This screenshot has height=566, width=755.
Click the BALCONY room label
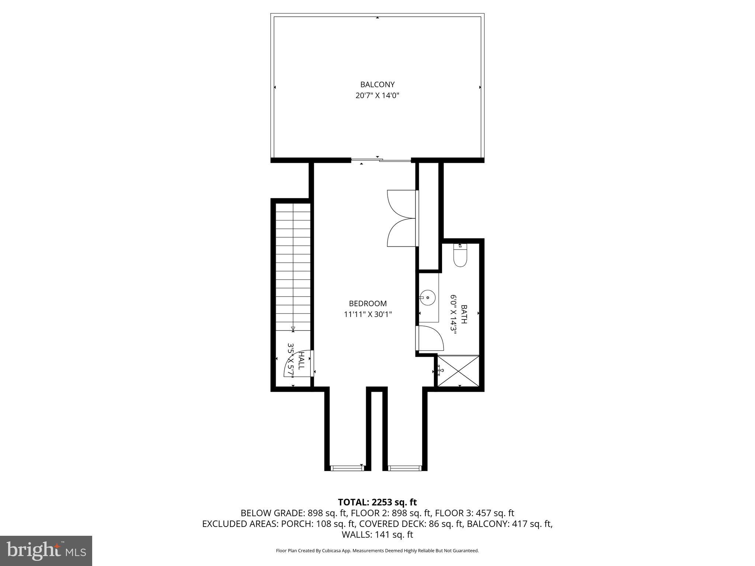[x=377, y=84]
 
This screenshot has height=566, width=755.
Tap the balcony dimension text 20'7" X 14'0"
[x=377, y=96]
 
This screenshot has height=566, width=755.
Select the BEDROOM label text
[x=368, y=303]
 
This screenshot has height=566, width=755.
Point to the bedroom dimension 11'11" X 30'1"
[x=368, y=314]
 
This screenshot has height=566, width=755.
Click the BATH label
[x=464, y=314]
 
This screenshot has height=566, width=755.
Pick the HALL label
[x=301, y=361]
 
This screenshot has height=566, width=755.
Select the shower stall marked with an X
[x=458, y=371]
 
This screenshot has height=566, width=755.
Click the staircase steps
[x=293, y=265]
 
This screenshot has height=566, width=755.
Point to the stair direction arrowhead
[x=293, y=328]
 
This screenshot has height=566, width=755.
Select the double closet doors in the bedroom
[x=402, y=218]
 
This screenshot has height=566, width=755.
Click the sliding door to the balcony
[x=380, y=160]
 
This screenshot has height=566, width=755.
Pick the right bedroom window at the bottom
[x=404, y=468]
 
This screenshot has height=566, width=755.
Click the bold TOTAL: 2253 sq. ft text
[x=377, y=502]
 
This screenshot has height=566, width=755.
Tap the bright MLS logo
[x=46, y=551]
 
